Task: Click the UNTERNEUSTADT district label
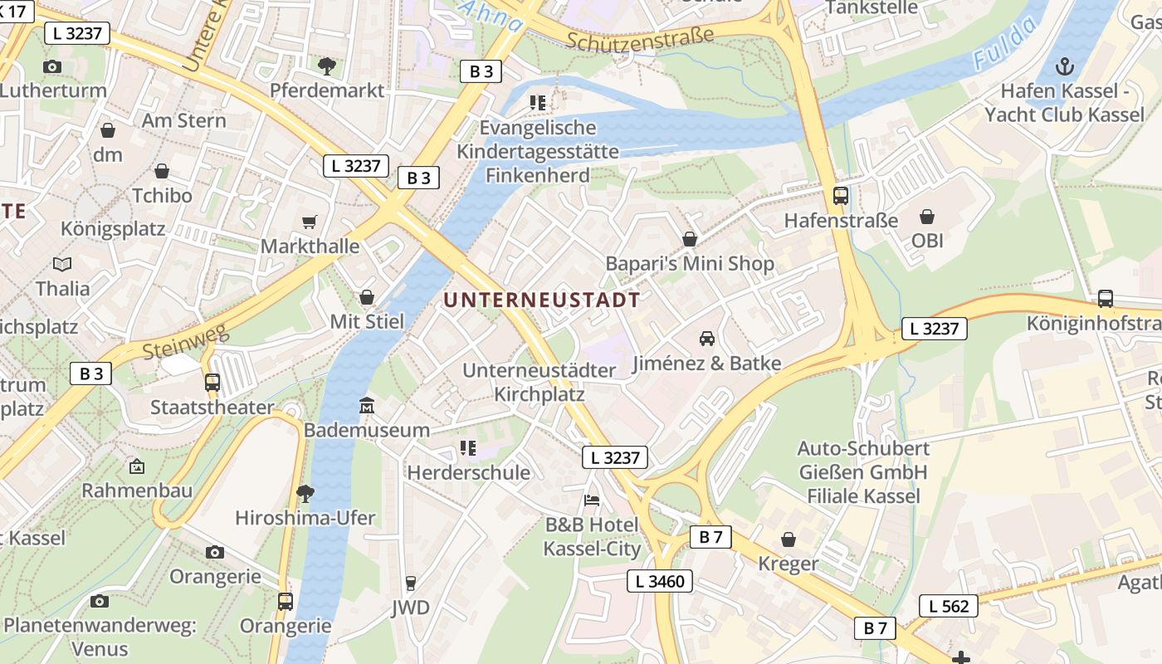542,300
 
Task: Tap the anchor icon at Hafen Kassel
1064,66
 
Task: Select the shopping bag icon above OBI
927,217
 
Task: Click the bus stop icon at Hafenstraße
841,196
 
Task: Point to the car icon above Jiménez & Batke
707,339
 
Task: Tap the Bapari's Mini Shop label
689,264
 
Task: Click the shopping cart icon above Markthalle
310,222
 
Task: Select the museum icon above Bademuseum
366,406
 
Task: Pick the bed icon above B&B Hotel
591,500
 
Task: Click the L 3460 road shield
660,581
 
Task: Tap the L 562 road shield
949,607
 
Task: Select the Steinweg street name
184,341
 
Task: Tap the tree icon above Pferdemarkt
327,66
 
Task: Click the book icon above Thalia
62,265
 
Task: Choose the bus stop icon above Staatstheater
212,383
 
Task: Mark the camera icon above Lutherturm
52,66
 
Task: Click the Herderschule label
468,473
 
